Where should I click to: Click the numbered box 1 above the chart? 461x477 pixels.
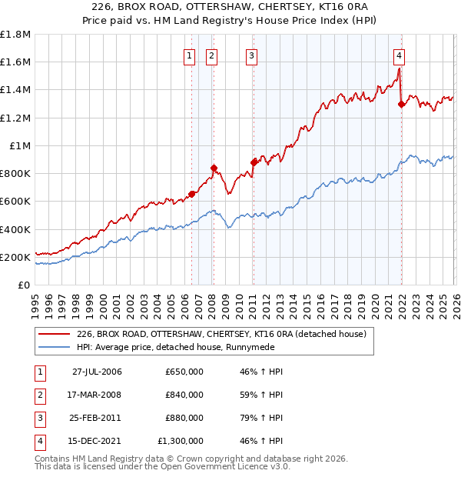[x=189, y=55]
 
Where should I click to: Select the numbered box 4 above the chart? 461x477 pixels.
[x=400, y=55]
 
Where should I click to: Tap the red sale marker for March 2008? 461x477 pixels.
[x=214, y=168]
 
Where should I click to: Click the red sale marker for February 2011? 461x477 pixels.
[x=253, y=162]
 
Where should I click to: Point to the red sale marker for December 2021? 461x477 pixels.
[x=401, y=104]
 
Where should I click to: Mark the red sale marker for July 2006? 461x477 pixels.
[x=191, y=194]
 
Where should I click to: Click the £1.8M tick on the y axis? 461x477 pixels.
[x=15, y=35]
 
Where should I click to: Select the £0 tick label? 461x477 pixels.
[x=25, y=285]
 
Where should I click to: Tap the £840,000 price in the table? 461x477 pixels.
[x=184, y=395]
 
